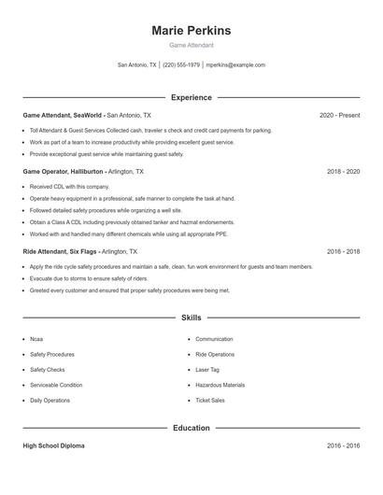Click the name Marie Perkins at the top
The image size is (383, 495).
tap(191, 31)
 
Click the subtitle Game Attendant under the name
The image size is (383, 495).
tap(191, 45)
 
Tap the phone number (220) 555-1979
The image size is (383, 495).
tap(181, 65)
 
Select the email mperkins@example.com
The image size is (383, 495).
tap(235, 65)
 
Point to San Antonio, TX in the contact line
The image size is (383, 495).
tap(136, 65)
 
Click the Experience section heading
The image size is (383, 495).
tap(191, 97)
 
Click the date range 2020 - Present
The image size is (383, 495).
tap(339, 115)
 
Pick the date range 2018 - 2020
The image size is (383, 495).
tap(343, 173)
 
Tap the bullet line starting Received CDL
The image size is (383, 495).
tap(62, 187)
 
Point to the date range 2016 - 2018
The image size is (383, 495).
tap(343, 252)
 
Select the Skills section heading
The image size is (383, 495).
tap(191, 318)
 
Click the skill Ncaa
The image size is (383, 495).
tap(36, 339)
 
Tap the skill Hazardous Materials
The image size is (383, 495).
tap(220, 385)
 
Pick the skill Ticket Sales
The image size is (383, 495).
tap(210, 400)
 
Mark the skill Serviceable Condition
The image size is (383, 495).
tap(56, 385)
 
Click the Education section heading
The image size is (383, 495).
tap(191, 428)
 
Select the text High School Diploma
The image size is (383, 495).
tap(53, 446)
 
